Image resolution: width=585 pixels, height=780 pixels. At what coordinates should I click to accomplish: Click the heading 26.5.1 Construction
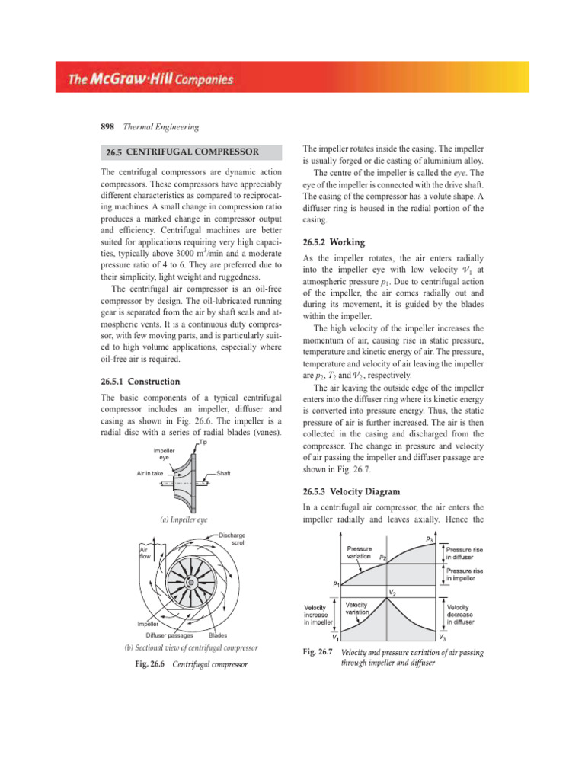tap(140, 381)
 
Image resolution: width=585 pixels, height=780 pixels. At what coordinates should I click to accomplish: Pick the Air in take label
tap(149, 473)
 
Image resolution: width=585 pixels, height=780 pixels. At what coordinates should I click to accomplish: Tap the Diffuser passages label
tap(169, 635)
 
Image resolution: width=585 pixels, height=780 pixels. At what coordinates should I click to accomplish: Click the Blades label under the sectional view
tap(218, 635)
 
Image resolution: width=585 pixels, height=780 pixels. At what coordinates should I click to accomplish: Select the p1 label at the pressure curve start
tap(336, 584)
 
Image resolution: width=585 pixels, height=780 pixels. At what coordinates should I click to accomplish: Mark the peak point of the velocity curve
tap(389, 599)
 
